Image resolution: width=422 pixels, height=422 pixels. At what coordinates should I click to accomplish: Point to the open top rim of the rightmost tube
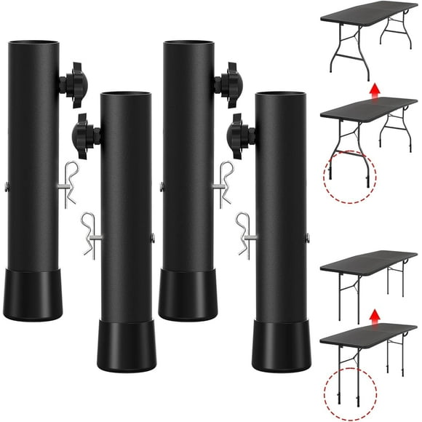tap(281, 94)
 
